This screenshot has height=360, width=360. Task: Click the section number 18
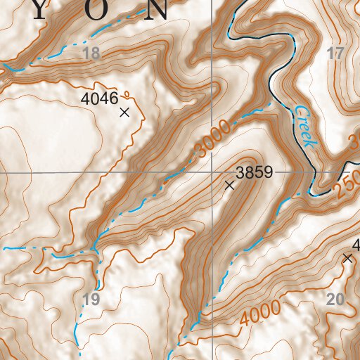(91, 53)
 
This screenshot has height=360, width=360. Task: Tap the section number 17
(336, 53)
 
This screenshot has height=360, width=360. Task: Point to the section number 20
(335, 300)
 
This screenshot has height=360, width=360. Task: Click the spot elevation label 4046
(99, 98)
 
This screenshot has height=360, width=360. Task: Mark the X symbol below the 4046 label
(125, 112)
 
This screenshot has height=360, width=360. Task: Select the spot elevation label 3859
(254, 171)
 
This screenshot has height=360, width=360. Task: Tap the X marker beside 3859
(229, 186)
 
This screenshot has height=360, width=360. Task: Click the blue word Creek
(305, 127)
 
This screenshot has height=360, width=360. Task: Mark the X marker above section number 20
(347, 259)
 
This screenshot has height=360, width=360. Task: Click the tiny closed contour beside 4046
(127, 92)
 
